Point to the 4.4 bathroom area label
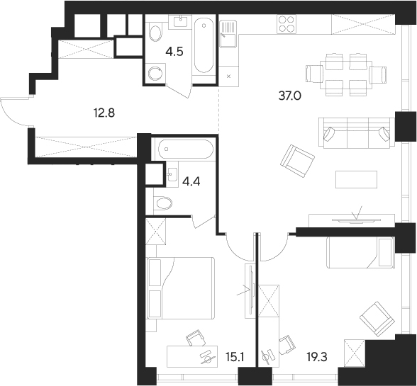[x=191, y=181]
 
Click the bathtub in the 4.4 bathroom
[x=184, y=149]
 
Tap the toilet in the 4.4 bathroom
[x=163, y=203]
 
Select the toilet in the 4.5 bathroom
[x=156, y=74]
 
